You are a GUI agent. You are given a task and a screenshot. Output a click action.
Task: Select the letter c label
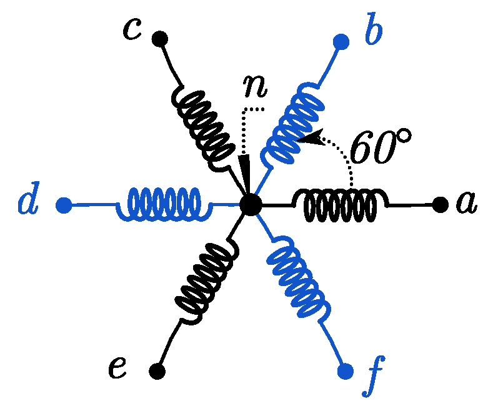pyautogui.click(x=132, y=29)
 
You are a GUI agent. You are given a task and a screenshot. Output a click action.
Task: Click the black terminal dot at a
pyautogui.click(x=439, y=204)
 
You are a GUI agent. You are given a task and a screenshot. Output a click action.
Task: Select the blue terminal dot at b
pyautogui.click(x=341, y=42)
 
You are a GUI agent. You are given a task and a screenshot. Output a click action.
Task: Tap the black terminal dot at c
pyautogui.click(x=159, y=39)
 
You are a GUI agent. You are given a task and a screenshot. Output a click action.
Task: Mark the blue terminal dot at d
pyautogui.click(x=63, y=204)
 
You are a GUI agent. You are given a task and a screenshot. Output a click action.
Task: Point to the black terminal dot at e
pyautogui.click(x=157, y=372)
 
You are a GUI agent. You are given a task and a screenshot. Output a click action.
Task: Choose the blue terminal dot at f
pyautogui.click(x=344, y=372)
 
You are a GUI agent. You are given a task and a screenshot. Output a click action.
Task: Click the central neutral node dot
pyautogui.click(x=251, y=204)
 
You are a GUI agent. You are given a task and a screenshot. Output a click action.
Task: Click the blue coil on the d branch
pyautogui.click(x=159, y=204)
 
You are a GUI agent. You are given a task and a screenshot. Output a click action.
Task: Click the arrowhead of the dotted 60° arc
pyautogui.click(x=305, y=138)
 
